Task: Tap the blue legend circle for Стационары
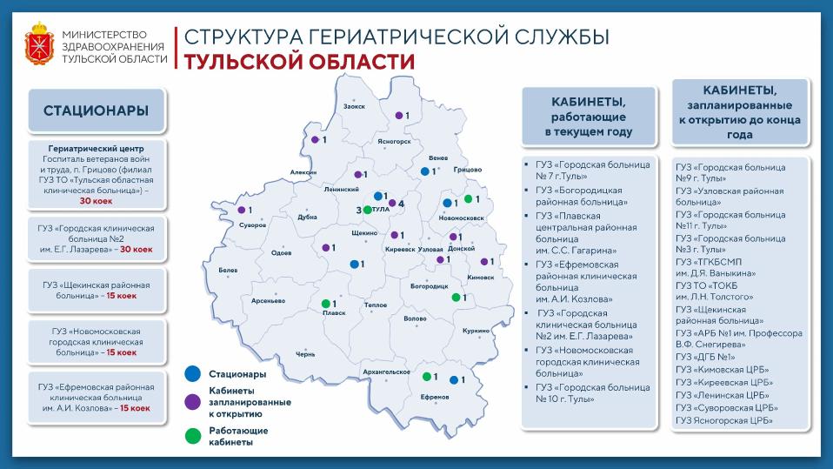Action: click(191, 374)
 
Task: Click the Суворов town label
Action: click(253, 224)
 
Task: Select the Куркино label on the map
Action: click(476, 331)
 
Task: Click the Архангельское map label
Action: click(386, 372)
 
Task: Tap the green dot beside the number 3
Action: click(367, 211)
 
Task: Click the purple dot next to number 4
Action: click(392, 204)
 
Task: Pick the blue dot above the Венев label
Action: click(424, 171)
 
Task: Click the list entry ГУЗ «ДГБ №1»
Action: click(704, 357)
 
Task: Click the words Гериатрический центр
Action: click(97, 148)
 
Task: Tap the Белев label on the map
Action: click(228, 271)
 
